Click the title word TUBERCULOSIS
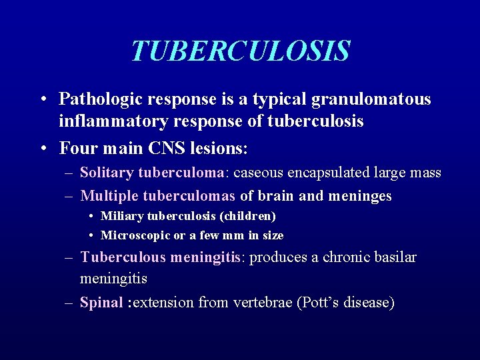pyautogui.click(x=240, y=51)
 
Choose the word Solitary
pyautogui.click(x=107, y=173)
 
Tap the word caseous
pyautogui.click(x=257, y=173)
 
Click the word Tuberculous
pyautogui.click(x=123, y=257)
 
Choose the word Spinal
pyautogui.click(x=101, y=303)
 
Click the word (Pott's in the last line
pyautogui.click(x=321, y=303)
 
